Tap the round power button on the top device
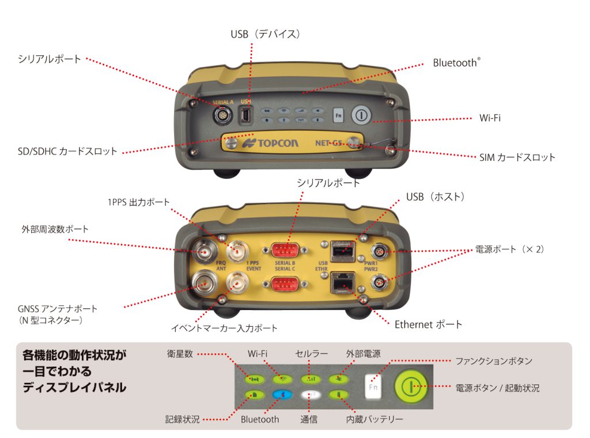click(x=360, y=114)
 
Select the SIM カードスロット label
click(x=517, y=157)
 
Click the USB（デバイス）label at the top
click(x=266, y=35)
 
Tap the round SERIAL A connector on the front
click(x=222, y=115)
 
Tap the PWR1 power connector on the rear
click(x=379, y=251)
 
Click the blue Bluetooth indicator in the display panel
click(x=283, y=395)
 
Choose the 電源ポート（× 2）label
click(x=509, y=250)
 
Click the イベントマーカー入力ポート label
click(x=224, y=328)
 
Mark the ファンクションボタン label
click(x=494, y=361)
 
